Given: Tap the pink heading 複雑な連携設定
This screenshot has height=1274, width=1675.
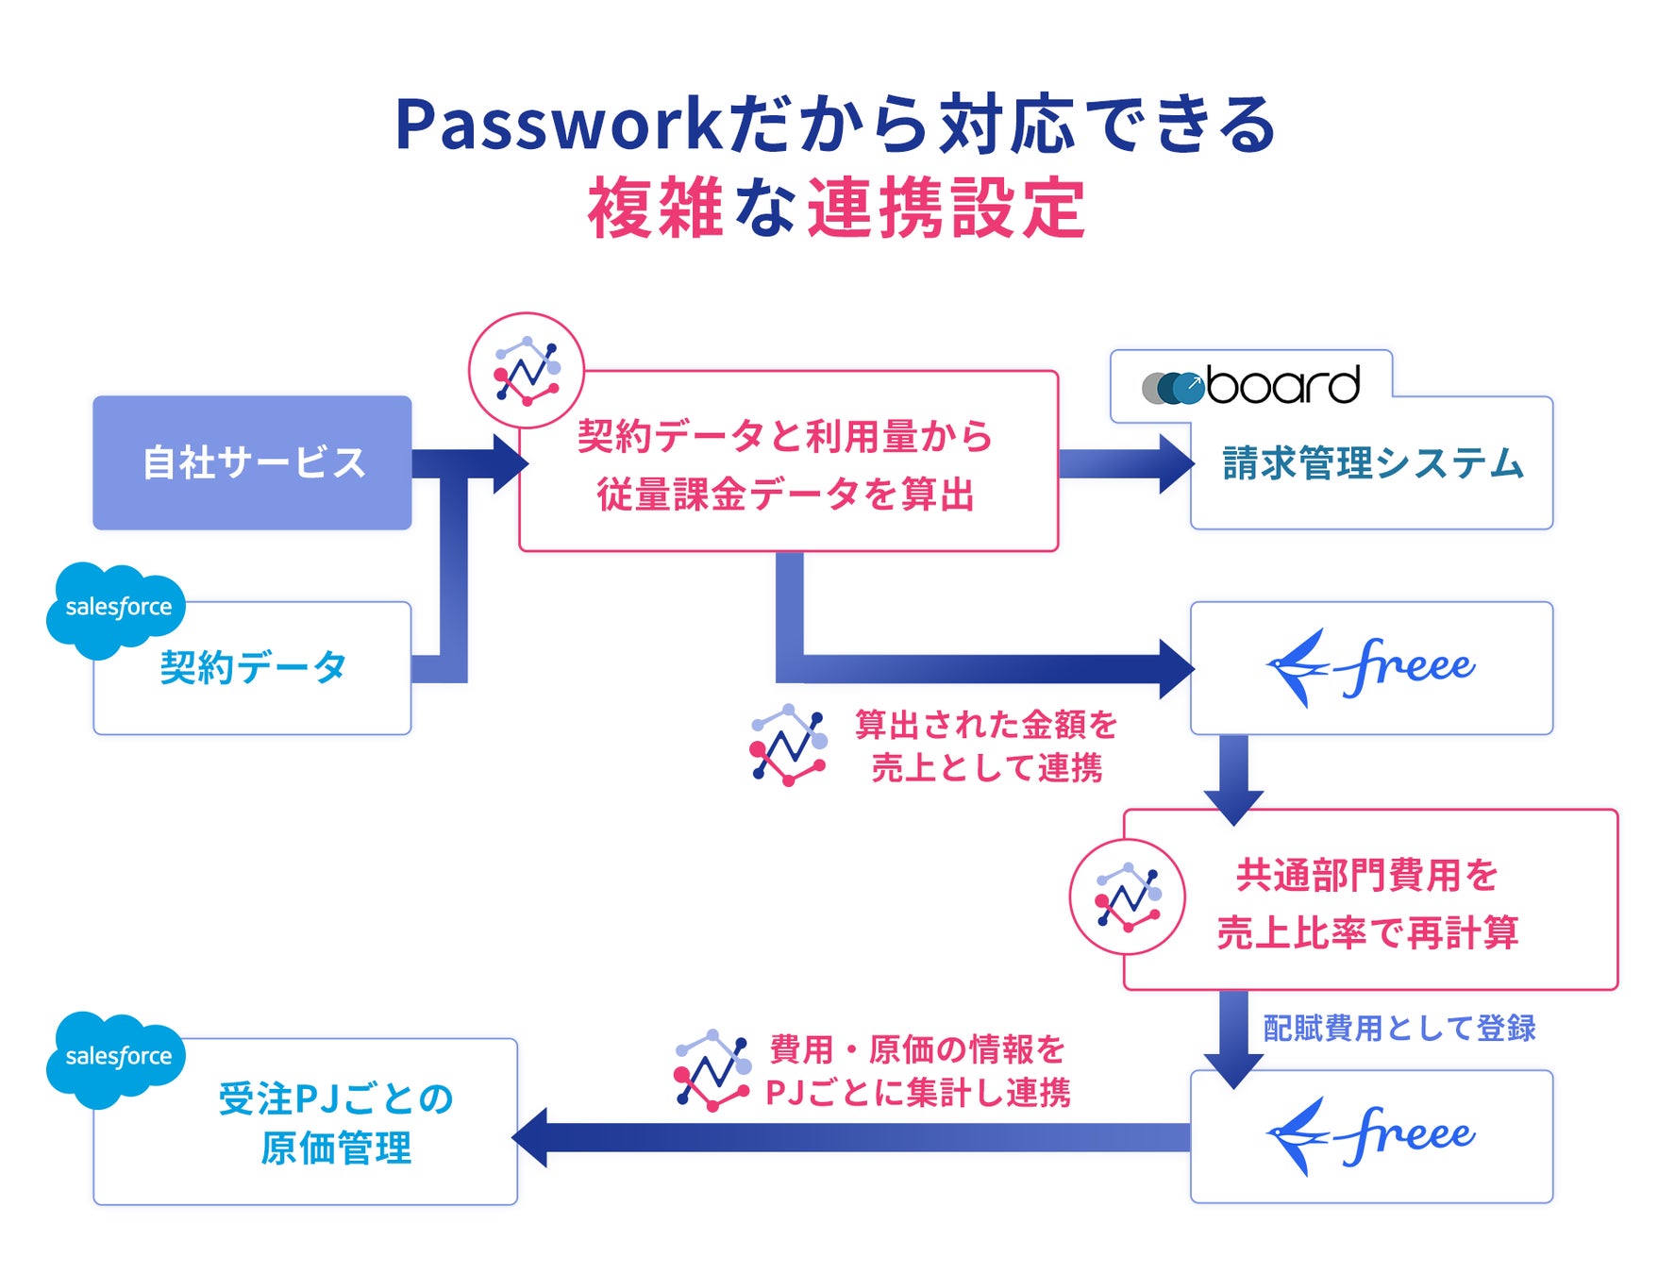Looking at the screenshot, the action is click(x=837, y=209).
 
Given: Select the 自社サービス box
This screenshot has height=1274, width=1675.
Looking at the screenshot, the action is click(x=252, y=462).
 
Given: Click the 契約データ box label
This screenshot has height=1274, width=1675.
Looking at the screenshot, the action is click(x=253, y=667).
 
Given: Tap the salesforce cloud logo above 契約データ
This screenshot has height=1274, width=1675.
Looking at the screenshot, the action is click(x=115, y=608).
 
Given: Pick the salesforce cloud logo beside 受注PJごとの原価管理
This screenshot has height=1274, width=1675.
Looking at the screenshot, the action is click(x=115, y=1057).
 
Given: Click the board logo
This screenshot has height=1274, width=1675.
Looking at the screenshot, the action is click(x=1251, y=385).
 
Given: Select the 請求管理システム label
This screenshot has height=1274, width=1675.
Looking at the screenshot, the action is click(x=1373, y=463).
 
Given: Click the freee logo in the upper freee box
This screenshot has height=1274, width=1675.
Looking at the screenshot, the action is click(x=1370, y=667).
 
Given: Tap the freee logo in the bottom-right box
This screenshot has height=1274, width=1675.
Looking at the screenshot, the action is click(x=1370, y=1135).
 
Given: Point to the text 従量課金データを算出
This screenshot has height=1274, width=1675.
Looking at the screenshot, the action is click(x=786, y=495).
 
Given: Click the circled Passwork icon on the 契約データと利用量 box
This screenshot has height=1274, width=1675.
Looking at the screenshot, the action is click(x=527, y=371).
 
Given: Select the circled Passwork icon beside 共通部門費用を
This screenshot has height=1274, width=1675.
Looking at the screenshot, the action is click(x=1128, y=897).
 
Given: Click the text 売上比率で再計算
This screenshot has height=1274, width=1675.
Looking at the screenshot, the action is click(x=1368, y=932).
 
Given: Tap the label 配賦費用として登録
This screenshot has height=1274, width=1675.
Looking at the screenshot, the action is click(x=1399, y=1028).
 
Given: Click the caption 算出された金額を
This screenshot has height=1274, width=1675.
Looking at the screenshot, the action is click(x=986, y=725).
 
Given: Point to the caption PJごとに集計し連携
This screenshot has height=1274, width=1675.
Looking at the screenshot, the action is click(x=918, y=1093).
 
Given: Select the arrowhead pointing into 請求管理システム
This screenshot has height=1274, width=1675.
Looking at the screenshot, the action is click(x=1177, y=463).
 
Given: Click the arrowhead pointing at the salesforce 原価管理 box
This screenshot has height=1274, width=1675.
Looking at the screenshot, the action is click(x=529, y=1137).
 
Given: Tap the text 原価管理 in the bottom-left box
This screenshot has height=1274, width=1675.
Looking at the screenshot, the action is click(x=337, y=1148).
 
